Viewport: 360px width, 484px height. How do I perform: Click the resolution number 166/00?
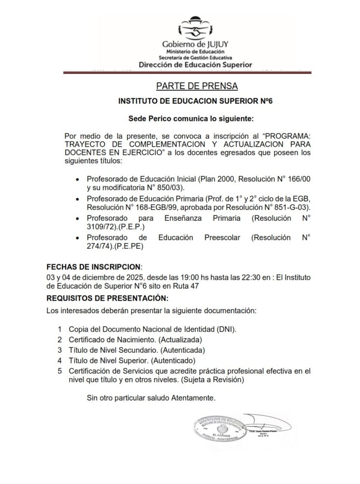pos(299,179)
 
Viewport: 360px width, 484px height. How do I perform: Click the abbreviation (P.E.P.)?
pos(119,226)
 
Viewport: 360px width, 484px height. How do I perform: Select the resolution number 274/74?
pos(99,246)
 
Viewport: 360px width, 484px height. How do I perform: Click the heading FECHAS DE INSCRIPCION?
pos(93,267)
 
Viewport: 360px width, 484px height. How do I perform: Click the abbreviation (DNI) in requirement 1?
pos(225,329)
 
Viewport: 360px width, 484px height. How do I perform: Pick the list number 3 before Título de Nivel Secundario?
pos(60,349)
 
